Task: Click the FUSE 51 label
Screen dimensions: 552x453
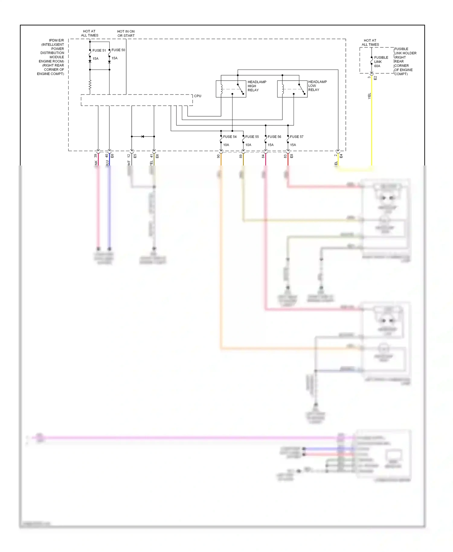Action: point(99,50)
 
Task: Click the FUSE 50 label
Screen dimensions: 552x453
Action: point(118,50)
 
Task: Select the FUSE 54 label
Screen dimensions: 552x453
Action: point(230,137)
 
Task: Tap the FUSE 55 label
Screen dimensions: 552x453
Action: point(252,137)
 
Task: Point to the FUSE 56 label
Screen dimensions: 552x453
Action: point(274,137)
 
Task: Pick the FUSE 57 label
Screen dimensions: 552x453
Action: point(297,137)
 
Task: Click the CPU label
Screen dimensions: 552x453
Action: point(198,96)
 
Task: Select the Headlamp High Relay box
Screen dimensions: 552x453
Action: point(231,89)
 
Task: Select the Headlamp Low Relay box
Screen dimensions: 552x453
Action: point(292,89)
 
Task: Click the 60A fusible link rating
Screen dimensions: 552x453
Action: point(377,66)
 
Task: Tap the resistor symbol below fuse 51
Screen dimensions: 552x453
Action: point(90,85)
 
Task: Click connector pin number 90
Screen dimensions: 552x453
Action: point(218,156)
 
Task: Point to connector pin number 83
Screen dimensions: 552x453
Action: point(285,156)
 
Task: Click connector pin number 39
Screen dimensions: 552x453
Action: point(95,156)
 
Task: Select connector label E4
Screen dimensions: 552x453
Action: point(341,156)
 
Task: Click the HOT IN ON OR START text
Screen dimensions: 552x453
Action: point(126,34)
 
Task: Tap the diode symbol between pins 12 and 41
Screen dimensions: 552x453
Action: point(143,136)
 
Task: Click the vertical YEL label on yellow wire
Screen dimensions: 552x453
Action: point(369,96)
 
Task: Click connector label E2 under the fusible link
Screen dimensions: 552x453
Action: point(375,78)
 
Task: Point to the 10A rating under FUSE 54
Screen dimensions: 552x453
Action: point(226,145)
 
